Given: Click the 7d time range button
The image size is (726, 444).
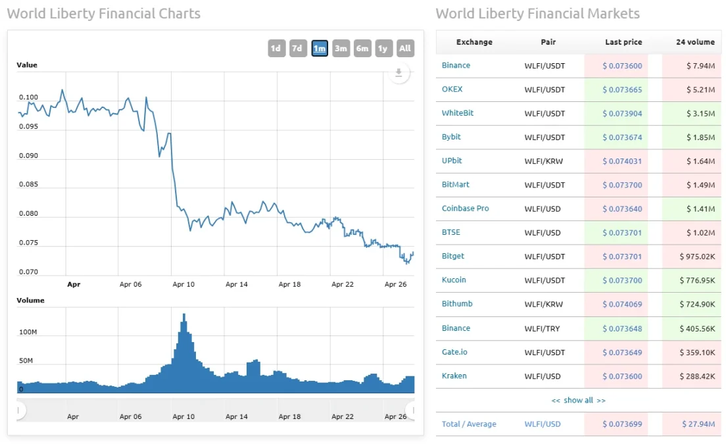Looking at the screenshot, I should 298,48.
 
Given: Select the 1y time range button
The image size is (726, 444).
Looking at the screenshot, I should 383,48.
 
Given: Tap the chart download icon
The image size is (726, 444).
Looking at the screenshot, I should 399,73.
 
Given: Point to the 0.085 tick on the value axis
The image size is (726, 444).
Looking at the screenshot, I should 28,185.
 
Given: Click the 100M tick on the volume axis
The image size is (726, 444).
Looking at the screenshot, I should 28,332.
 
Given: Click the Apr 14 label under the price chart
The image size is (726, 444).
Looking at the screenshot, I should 237,285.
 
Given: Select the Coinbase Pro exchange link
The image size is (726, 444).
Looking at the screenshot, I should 465,209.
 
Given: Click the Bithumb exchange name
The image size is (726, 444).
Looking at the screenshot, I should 457,304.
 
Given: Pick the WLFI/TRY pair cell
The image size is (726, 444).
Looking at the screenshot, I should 542,328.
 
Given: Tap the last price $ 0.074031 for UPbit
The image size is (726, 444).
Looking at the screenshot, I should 622,161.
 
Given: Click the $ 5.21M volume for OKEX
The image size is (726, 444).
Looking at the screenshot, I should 701,89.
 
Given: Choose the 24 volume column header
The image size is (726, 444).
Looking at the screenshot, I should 695,42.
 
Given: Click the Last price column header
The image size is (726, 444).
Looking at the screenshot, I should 623,42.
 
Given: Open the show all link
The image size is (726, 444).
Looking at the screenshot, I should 578,400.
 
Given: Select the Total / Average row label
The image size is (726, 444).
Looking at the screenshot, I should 469,424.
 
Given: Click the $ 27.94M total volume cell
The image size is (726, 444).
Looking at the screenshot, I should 699,424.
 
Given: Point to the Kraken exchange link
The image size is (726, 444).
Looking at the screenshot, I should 454,376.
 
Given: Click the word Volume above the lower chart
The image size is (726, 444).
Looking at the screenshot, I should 30,300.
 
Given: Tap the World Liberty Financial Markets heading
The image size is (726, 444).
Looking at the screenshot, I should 537,13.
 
